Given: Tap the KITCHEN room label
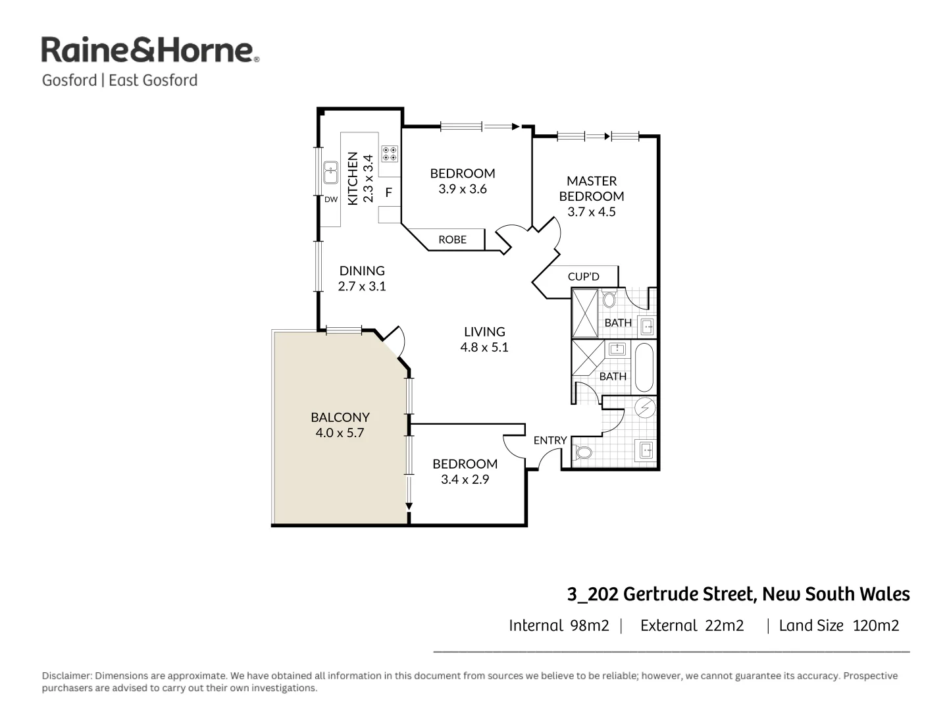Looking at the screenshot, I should pyautogui.click(x=353, y=178).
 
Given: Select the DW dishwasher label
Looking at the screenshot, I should pyautogui.click(x=330, y=199).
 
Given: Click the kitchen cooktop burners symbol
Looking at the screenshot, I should pyautogui.click(x=390, y=154).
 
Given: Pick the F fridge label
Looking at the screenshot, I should pyautogui.click(x=388, y=193).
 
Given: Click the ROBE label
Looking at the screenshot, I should pyautogui.click(x=452, y=240).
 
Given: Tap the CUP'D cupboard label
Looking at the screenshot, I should pyautogui.click(x=583, y=276).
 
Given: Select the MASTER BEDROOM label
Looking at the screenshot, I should pyautogui.click(x=591, y=188).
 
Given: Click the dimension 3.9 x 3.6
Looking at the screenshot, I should pyautogui.click(x=463, y=189).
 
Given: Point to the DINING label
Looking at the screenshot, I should pyautogui.click(x=362, y=271).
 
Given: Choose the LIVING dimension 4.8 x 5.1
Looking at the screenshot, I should pyautogui.click(x=484, y=348).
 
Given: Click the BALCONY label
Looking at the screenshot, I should pyautogui.click(x=340, y=417).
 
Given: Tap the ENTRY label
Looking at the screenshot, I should pyautogui.click(x=550, y=440).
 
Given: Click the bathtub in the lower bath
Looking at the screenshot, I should pyautogui.click(x=644, y=367).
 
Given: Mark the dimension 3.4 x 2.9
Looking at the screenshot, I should pyautogui.click(x=465, y=480).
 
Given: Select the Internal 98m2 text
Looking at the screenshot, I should pyautogui.click(x=559, y=625).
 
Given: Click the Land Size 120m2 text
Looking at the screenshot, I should pyautogui.click(x=838, y=625).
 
